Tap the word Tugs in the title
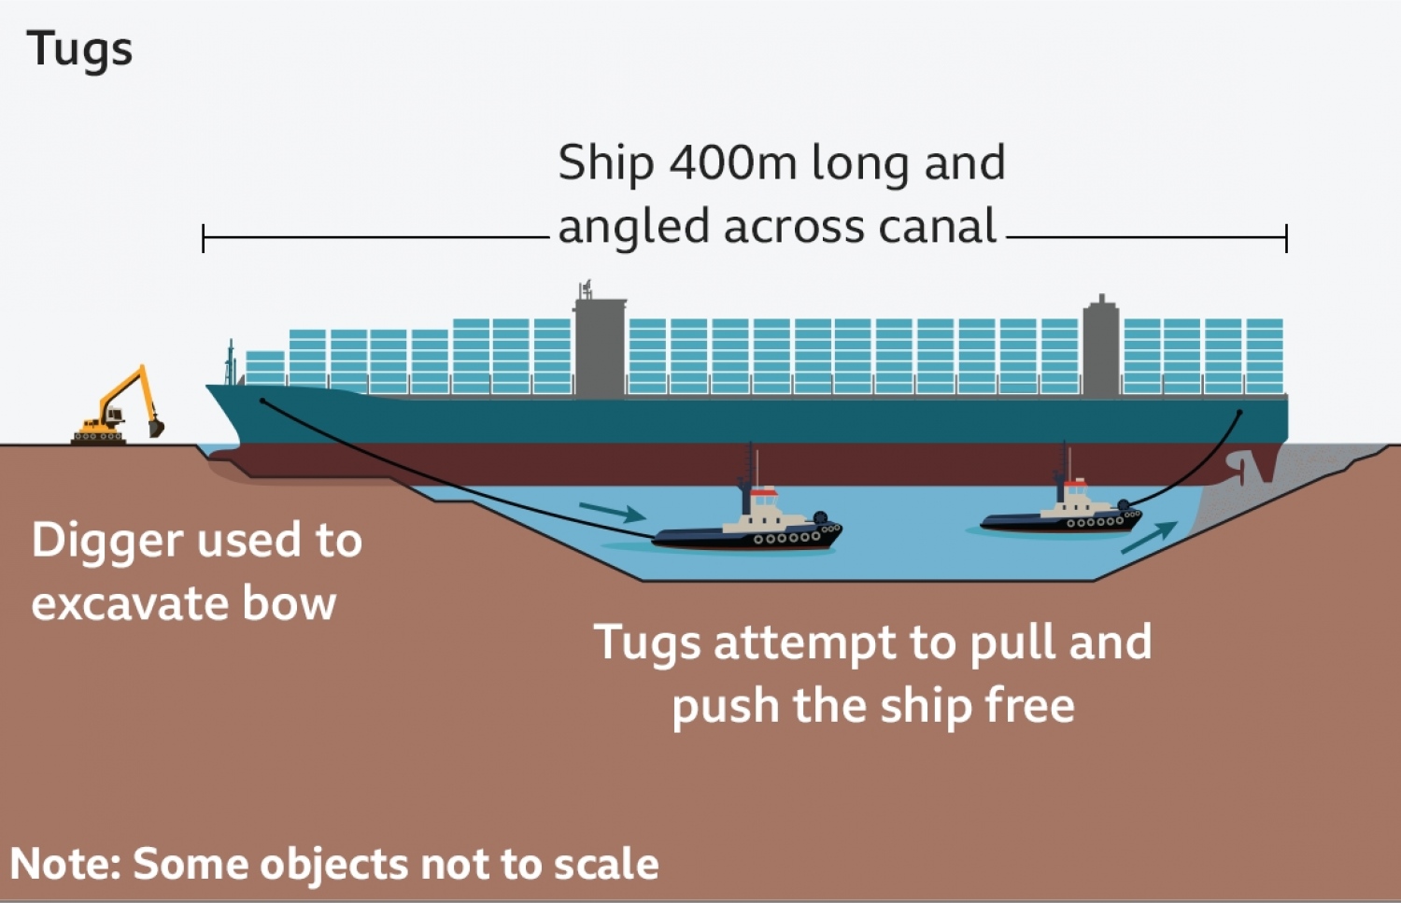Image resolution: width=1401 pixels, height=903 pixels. coord(79,49)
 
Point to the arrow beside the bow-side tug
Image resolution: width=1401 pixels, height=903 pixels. coord(612,511)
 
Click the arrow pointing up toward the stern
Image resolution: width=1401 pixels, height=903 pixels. coord(1148,538)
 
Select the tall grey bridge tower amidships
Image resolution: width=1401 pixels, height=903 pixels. coord(599,346)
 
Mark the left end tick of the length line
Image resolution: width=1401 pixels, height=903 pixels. coord(204,238)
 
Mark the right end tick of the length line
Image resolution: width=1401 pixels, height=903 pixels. coord(1286,238)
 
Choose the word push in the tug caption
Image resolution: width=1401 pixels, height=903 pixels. coord(726,707)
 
